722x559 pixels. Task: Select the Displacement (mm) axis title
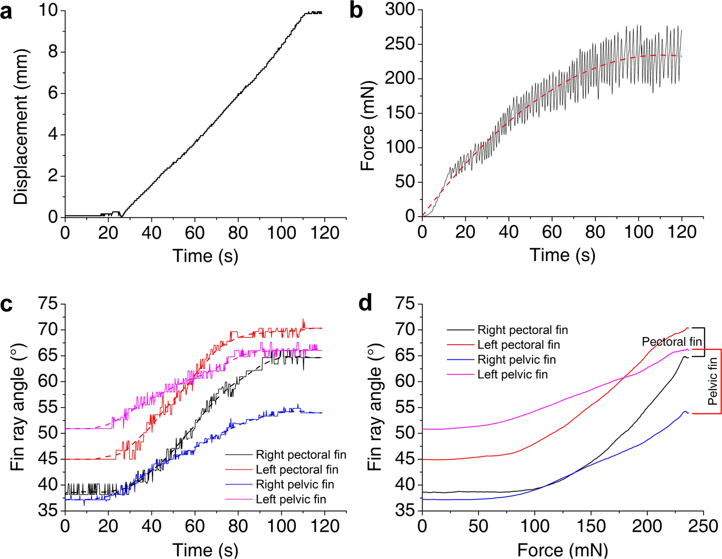pyautogui.click(x=21, y=127)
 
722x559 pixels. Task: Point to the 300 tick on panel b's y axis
pyautogui.click(x=400, y=10)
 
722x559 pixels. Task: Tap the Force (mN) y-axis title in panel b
pyautogui.click(x=368, y=126)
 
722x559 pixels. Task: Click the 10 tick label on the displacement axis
pyautogui.click(x=49, y=10)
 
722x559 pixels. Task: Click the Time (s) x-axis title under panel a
pyautogui.click(x=205, y=256)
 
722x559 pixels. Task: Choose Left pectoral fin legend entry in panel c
pyautogui.click(x=297, y=470)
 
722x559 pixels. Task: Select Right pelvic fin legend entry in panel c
pyautogui.click(x=295, y=485)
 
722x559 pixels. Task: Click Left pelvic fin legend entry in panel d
pyautogui.click(x=512, y=374)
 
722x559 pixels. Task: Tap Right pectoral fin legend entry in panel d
pyautogui.click(x=522, y=330)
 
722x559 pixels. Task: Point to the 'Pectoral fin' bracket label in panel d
pyautogui.click(x=672, y=342)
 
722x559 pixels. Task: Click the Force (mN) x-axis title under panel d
pyautogui.click(x=562, y=549)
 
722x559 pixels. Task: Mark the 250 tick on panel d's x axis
pyautogui.click(x=703, y=526)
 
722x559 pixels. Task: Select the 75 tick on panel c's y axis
pyautogui.click(x=49, y=303)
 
